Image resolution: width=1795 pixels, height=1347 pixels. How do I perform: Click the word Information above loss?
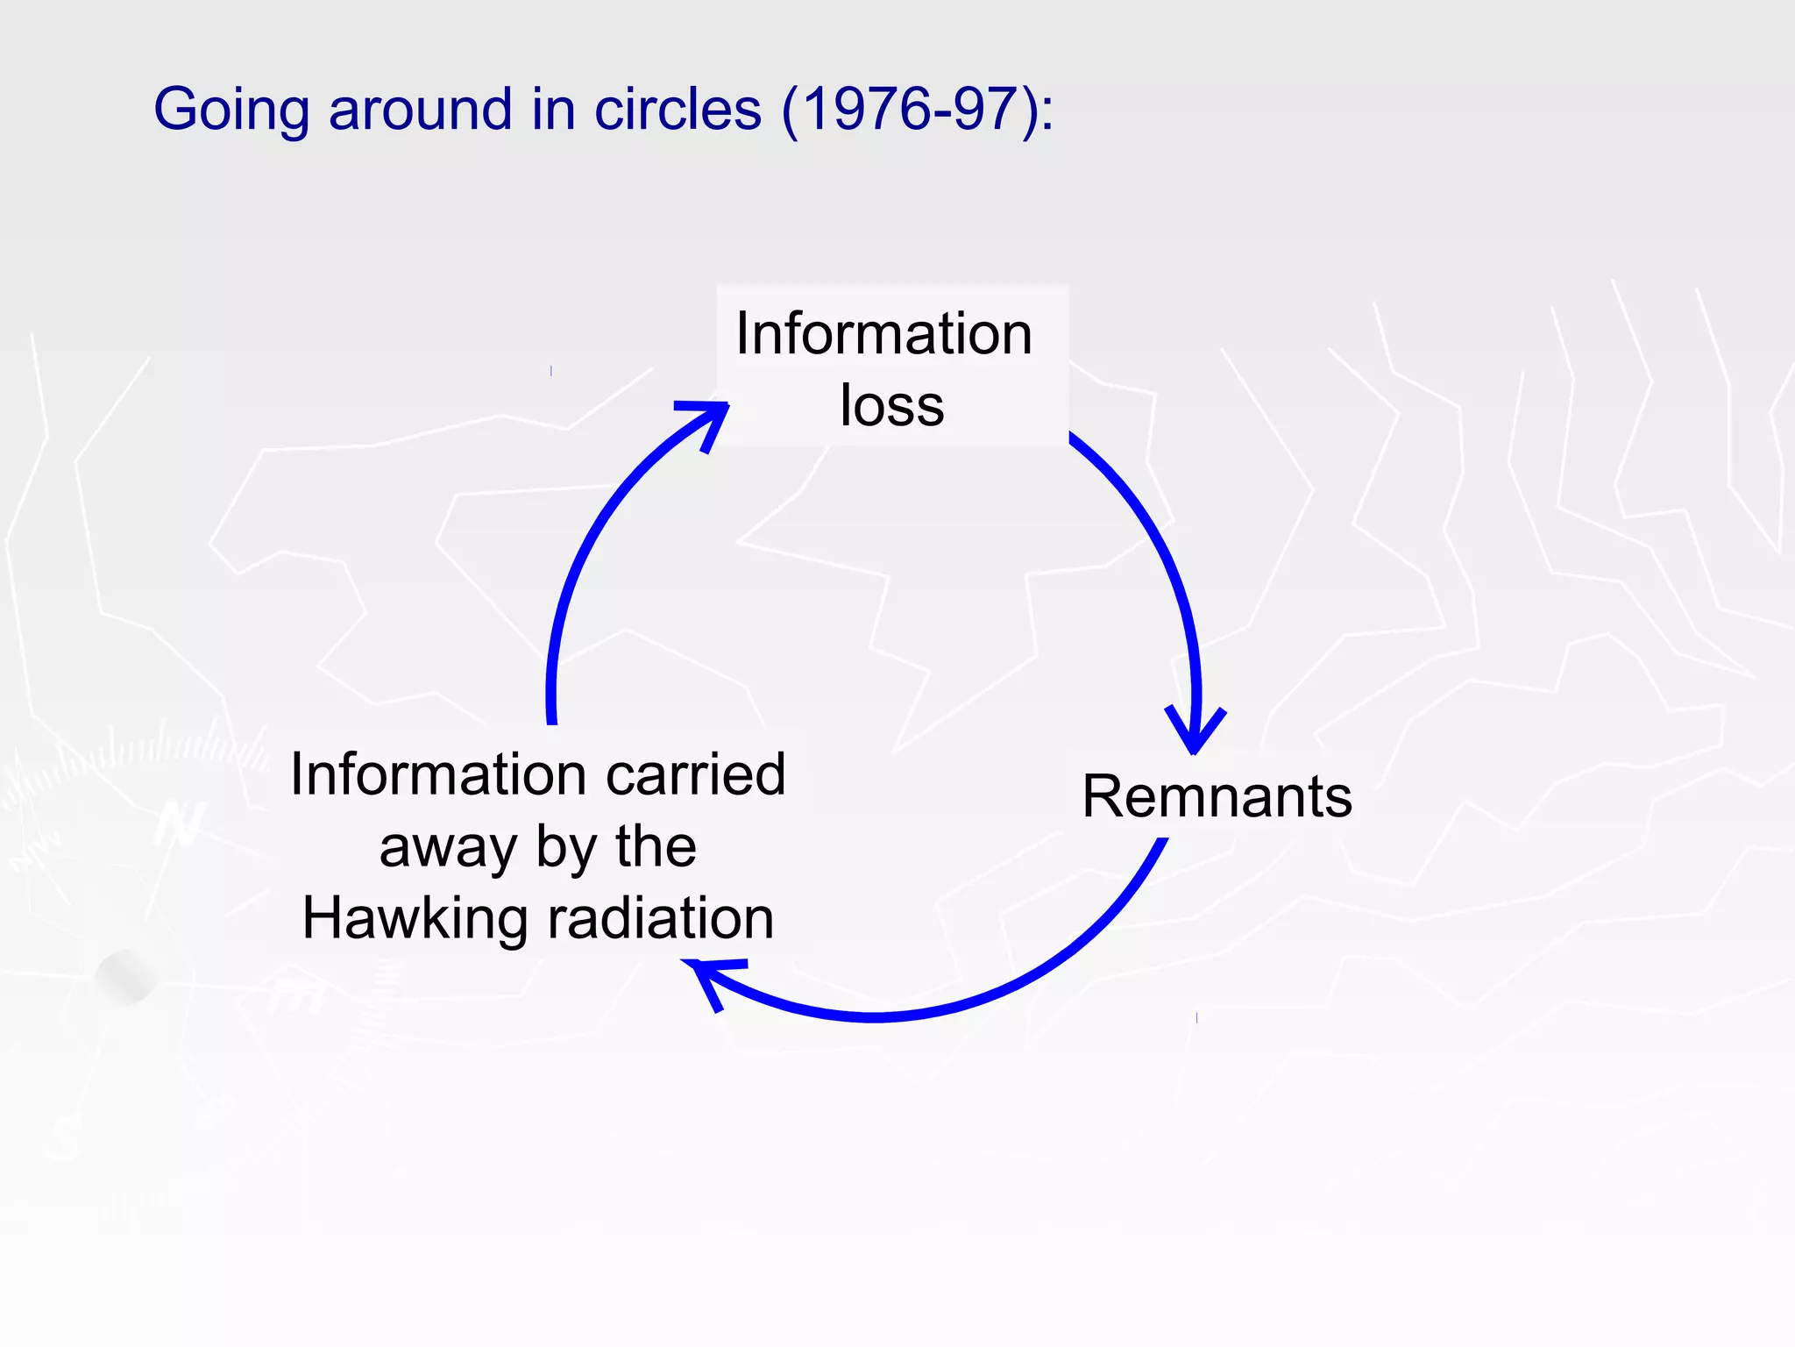(x=883, y=334)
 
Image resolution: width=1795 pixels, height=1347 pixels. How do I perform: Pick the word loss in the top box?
(x=891, y=406)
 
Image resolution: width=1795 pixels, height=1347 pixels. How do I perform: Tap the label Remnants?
(x=1217, y=796)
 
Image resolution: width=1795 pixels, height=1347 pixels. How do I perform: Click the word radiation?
(x=661, y=919)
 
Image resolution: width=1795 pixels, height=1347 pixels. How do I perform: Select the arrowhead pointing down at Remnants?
(x=1194, y=733)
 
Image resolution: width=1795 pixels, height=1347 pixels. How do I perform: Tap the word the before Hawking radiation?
(x=656, y=848)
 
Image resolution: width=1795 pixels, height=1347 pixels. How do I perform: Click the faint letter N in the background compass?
(x=180, y=824)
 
